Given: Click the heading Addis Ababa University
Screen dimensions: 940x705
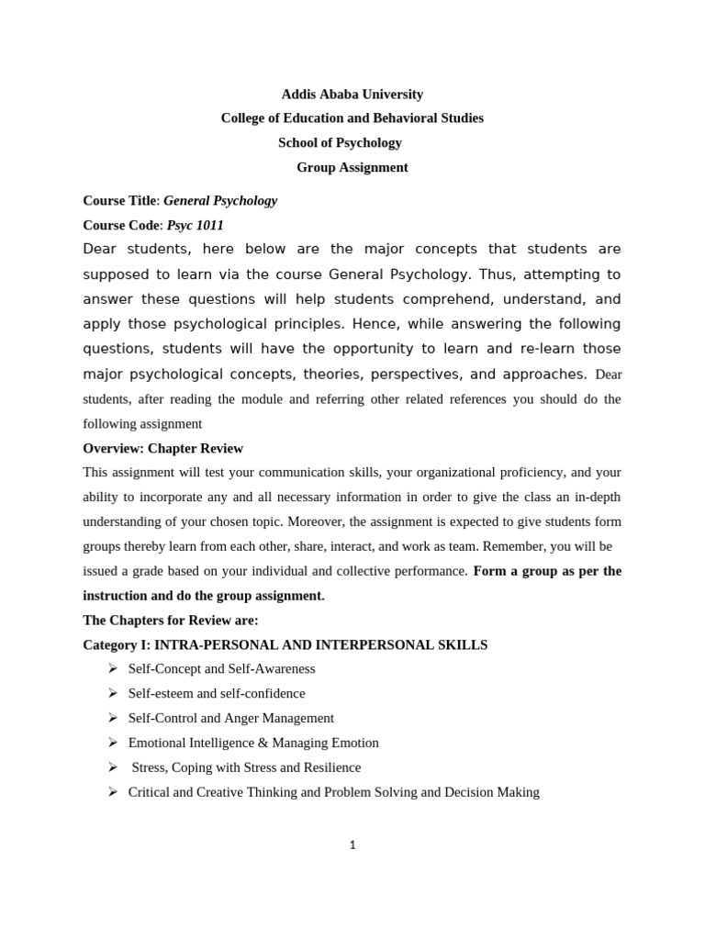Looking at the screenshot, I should point(352,95).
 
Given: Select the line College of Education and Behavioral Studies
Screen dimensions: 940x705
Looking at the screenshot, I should point(352,118).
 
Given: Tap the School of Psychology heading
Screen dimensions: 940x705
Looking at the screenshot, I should point(340,143).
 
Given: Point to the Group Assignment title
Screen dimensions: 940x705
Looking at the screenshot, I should point(352,168).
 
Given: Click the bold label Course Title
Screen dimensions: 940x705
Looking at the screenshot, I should point(119,201).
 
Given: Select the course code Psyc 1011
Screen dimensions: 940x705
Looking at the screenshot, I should point(195,226).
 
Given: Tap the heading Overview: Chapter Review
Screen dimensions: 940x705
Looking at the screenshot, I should point(162,449).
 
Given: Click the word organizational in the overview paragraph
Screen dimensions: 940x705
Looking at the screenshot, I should point(452,473).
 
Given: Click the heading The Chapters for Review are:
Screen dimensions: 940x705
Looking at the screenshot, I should point(170,621).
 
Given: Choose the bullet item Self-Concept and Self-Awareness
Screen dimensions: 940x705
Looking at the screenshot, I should point(221,669).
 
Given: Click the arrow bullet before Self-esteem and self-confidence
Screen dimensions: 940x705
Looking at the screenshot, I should point(112,694).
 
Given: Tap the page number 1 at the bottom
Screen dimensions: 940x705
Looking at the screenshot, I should point(352,845).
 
